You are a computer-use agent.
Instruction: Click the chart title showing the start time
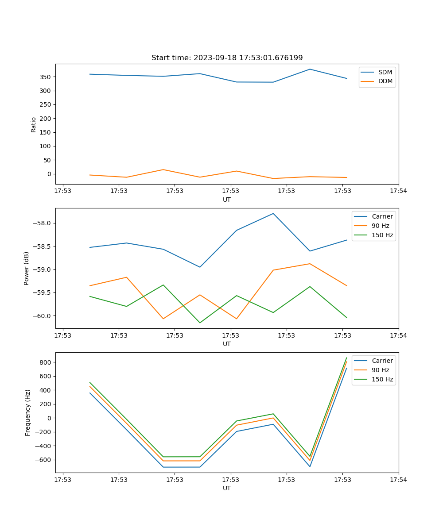[227, 58]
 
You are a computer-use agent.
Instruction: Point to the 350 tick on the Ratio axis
[46, 77]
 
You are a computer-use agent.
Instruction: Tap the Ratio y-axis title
[34, 124]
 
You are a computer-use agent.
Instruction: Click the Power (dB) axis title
[27, 268]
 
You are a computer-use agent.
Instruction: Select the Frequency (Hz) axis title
[27, 412]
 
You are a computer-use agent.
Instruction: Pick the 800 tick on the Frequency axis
[46, 362]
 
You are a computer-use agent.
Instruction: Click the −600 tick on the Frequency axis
[44, 460]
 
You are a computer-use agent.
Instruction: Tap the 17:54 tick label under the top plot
[398, 191]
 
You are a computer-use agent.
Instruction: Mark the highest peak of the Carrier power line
[273, 213]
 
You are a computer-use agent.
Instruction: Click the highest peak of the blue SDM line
[310, 69]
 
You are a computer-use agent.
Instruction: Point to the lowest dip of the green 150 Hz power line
[200, 323]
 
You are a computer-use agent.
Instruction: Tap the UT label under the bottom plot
[227, 488]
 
